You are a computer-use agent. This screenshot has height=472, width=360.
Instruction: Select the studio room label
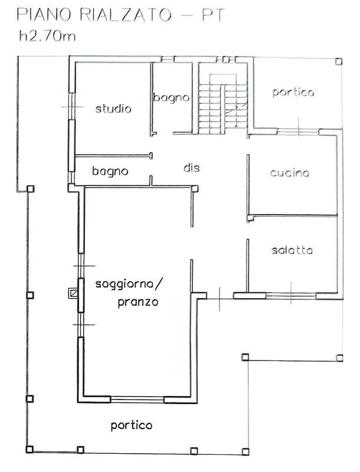point(113,109)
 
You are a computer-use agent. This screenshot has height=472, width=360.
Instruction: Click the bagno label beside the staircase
point(171,97)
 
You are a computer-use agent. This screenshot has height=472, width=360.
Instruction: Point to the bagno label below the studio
point(110,171)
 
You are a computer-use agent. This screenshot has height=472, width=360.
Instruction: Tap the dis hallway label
point(191,168)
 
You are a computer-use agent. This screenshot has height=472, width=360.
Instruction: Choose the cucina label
point(290,173)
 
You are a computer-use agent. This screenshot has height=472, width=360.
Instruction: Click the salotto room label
point(292,250)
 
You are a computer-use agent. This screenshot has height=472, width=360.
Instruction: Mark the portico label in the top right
point(293,92)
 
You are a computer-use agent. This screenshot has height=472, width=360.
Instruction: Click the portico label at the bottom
point(132,425)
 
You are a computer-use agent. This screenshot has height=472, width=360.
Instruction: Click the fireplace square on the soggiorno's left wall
point(73,292)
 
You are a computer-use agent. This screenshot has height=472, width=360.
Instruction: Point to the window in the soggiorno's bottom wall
point(137,399)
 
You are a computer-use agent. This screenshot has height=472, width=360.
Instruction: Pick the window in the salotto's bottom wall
point(290,296)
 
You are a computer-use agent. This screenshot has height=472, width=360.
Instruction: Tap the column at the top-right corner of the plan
point(338,61)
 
